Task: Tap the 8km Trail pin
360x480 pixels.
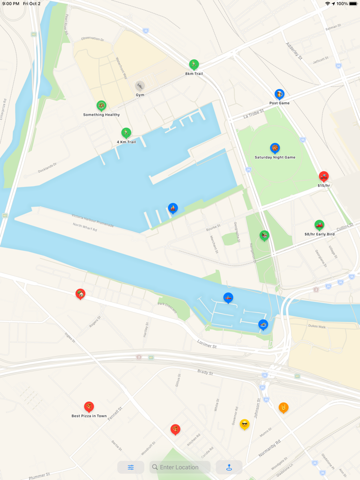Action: pos(194,64)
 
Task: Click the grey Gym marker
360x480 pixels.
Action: pos(140,86)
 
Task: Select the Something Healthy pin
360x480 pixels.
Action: pos(101,105)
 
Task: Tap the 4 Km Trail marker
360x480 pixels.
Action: pos(126,133)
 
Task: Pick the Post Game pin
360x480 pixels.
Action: pos(279,94)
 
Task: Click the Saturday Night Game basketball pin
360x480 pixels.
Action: pos(275,148)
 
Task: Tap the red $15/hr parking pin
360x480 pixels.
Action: pos(323,176)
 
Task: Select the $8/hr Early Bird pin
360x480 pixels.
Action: pos(319,225)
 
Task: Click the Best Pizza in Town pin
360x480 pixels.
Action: pos(89,407)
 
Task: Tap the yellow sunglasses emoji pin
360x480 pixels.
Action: pos(244,424)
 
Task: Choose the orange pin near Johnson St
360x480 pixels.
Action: pos(283,408)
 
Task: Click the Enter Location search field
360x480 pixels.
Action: pos(180,467)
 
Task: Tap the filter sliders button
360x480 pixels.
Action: pos(131,467)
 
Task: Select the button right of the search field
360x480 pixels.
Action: pos(229,467)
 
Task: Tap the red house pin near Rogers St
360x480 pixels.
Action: pos(80,293)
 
